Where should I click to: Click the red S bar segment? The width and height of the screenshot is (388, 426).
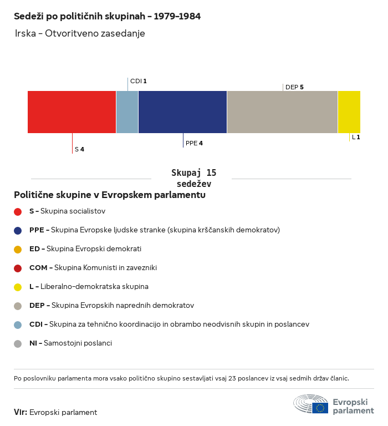coord(72,112)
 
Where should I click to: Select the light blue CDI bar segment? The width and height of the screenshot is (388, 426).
coord(127,112)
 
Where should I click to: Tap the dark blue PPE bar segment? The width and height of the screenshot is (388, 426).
coord(182,112)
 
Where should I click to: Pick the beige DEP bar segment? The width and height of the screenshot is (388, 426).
coord(282,112)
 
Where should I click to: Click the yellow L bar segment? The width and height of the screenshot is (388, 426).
coord(349,112)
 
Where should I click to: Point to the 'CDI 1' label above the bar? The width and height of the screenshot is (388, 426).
coord(138,81)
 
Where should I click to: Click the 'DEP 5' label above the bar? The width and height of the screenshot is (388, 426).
coord(294,87)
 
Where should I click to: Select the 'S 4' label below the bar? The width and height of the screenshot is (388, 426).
coord(79,149)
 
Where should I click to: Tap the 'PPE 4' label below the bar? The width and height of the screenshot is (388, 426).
coord(194,143)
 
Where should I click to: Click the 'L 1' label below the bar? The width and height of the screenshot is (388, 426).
coord(356,137)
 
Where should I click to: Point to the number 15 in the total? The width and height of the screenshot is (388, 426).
coord(211,173)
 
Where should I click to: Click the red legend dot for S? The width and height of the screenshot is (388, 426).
coord(18,212)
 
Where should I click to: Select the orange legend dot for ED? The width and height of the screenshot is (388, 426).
coord(18,250)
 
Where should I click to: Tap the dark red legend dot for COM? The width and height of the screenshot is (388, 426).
coord(18,268)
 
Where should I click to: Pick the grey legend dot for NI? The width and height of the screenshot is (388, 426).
coord(18,344)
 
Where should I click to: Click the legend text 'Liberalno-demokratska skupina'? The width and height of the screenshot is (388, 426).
coord(94,287)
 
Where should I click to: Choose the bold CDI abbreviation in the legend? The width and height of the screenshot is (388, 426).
coord(36,324)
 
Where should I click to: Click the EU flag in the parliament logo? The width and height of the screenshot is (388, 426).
coord(320,408)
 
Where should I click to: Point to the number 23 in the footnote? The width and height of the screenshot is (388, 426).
coord(232,378)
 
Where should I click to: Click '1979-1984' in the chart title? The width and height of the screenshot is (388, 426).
coord(177,16)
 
